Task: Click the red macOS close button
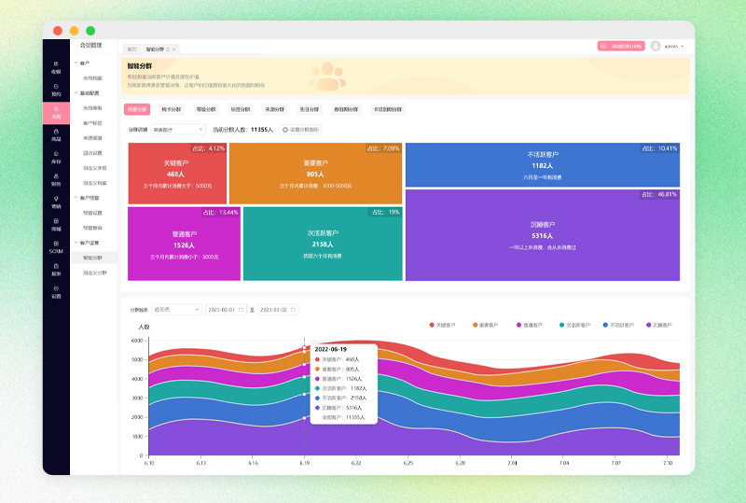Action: point(58,31)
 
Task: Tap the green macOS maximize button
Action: point(90,31)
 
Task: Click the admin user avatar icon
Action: point(656,46)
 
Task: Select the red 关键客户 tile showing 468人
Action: point(177,173)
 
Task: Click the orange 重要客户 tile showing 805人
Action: point(315,173)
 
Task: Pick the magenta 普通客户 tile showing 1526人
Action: point(184,244)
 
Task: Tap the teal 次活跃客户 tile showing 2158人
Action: point(323,244)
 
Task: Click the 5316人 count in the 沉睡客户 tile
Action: point(542,235)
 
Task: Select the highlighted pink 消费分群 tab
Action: point(137,109)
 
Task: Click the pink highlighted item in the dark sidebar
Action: point(56,113)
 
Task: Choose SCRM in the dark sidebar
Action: point(56,248)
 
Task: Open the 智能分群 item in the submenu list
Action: point(93,256)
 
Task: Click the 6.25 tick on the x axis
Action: point(408,463)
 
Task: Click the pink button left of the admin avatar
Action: point(621,46)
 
